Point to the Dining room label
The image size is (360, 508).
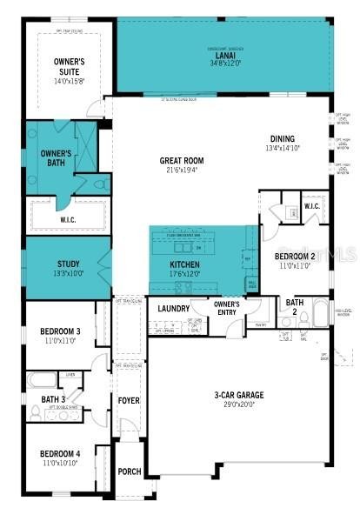pyautogui.click(x=282, y=138)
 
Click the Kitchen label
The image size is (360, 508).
pyautogui.click(x=184, y=264)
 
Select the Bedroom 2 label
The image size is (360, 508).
pyautogui.click(x=295, y=257)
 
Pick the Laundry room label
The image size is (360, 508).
pyautogui.click(x=173, y=308)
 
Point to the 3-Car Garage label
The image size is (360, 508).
pyautogui.click(x=239, y=396)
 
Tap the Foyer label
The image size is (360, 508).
pyautogui.click(x=129, y=401)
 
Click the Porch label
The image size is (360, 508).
pyautogui.click(x=129, y=471)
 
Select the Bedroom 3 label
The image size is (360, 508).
pyautogui.click(x=60, y=331)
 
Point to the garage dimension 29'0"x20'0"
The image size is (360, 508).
pyautogui.click(x=239, y=405)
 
